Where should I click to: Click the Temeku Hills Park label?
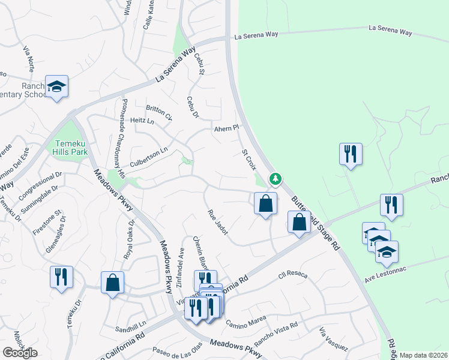71,148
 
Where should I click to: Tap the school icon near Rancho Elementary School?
57,88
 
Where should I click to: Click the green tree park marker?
275,179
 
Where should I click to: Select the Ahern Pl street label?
227,128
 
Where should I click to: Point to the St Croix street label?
249,159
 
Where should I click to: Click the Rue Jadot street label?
217,223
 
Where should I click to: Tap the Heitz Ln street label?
142,121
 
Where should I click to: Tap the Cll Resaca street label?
292,275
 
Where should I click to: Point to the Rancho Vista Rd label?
276,334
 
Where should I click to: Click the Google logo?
20,353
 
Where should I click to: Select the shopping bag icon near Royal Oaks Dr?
112,282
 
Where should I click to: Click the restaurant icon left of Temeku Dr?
61,277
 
